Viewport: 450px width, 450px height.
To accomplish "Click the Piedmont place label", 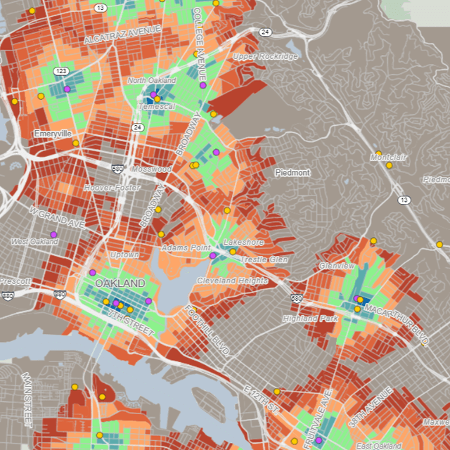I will [292, 172].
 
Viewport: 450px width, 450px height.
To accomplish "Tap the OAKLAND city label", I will [120, 283].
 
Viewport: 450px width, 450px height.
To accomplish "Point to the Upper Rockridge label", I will [265, 56].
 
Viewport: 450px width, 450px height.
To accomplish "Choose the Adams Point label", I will [186, 248].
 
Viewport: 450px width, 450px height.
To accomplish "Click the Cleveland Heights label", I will [232, 281].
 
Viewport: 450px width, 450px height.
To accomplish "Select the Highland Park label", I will [311, 319].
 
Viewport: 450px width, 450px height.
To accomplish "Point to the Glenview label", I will [337, 266].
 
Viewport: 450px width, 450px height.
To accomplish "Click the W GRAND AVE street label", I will [57, 217].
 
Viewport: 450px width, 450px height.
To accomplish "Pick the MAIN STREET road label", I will [28, 400].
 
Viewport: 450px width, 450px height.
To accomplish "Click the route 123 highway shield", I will [61, 71].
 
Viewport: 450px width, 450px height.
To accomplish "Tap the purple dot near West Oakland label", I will [53, 235].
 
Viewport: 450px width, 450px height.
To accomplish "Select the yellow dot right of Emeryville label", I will [76, 143].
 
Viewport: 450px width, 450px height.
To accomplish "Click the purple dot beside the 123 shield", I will [67, 89].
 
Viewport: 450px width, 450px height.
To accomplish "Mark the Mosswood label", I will [151, 169].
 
